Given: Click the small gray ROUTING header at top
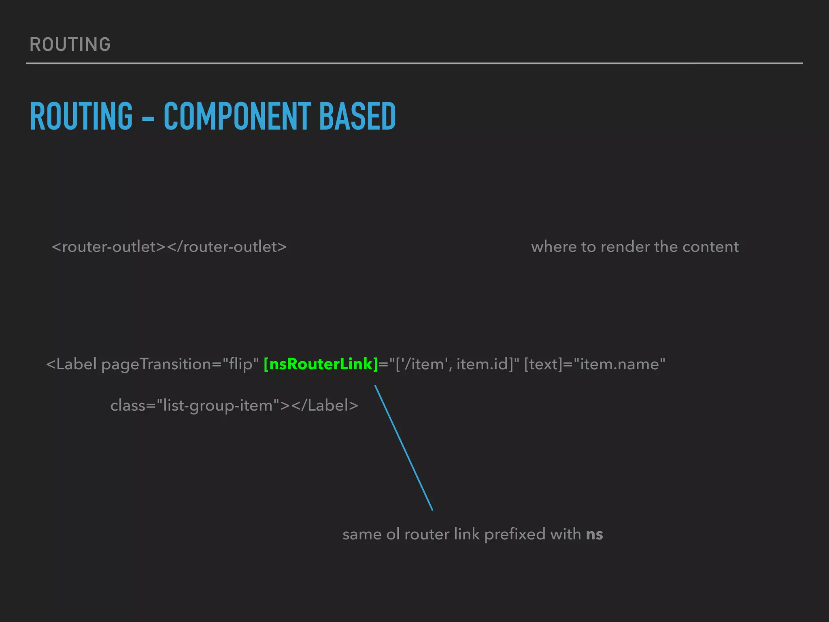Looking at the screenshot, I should tap(70, 45).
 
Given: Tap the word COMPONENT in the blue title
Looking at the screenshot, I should tap(237, 117).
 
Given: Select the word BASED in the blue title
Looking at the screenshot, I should tap(357, 117).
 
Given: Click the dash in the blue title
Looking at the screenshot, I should tap(148, 119).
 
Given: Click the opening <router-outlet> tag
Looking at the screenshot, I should tap(109, 247).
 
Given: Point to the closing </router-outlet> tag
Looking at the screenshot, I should tap(227, 247).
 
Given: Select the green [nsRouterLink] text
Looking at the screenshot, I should tap(321, 364).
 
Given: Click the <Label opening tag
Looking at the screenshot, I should tap(71, 364).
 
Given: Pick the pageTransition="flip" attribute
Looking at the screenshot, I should tap(180, 364).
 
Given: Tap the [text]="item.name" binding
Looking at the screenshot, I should tap(594, 364).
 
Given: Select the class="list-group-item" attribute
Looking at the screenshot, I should tap(195, 405).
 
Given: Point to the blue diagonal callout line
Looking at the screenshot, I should tap(404, 447).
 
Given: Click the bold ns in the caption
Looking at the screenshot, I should tap(594, 535).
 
